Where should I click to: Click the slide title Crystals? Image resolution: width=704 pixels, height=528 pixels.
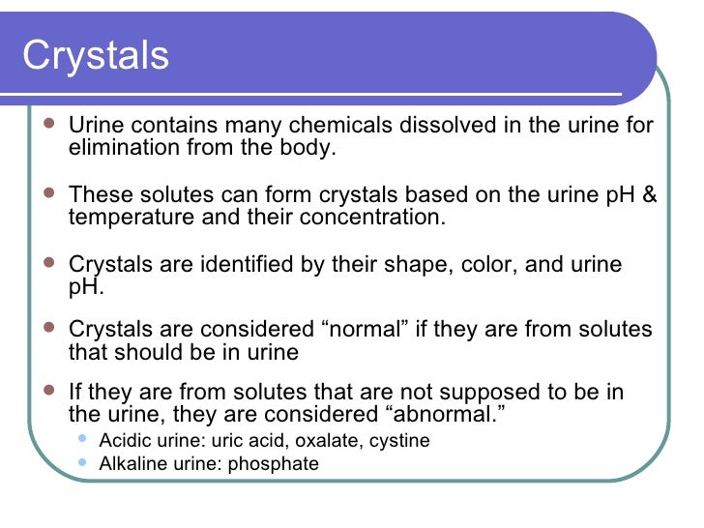(96, 56)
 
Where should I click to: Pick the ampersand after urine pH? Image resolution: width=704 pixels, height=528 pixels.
(649, 195)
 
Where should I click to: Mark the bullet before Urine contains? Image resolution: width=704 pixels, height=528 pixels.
(48, 125)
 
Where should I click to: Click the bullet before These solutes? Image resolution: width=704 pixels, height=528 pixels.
(48, 194)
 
